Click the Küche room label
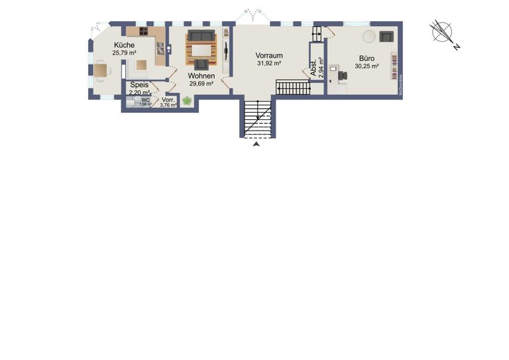tap(124, 45)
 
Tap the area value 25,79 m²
tap(124, 52)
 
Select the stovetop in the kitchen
tap(144, 31)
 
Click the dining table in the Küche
tap(100, 68)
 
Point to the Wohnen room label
tap(201, 76)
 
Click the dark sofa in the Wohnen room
tap(201, 36)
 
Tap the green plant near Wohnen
tap(187, 101)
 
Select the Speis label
tap(139, 85)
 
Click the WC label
tap(145, 100)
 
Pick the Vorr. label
tap(168, 99)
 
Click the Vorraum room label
tap(269, 56)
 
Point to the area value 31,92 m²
tap(269, 64)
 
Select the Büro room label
tap(367, 58)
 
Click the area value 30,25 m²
tap(367, 66)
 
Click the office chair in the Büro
tap(343, 75)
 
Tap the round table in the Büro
tap(368, 34)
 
